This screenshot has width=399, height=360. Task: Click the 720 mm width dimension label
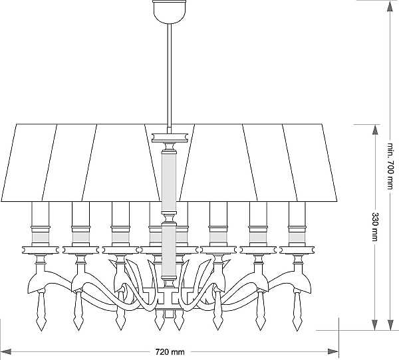(170, 352)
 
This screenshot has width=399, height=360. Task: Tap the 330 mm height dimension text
(375, 226)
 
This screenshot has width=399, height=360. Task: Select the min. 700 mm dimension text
(390, 167)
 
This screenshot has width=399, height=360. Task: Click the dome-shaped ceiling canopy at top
(169, 12)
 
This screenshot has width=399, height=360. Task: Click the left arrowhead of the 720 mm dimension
(5, 352)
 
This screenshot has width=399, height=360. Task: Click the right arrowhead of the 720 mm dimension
(333, 352)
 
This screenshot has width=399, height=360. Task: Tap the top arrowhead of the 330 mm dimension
(375, 130)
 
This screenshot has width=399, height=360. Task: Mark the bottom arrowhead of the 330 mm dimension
(375, 325)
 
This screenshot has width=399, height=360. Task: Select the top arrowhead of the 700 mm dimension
(390, 6)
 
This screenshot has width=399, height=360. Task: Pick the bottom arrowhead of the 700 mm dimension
(390, 325)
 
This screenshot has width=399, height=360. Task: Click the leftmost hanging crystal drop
(41, 311)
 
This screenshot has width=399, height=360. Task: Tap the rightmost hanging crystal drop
(297, 311)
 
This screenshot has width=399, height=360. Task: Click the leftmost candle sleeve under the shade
(40, 214)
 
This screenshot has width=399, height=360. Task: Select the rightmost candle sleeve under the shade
(297, 214)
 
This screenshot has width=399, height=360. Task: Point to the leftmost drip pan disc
(41, 250)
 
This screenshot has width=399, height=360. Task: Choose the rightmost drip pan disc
(297, 250)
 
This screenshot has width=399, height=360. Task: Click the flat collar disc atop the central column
(170, 137)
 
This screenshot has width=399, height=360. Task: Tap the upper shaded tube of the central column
(169, 182)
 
